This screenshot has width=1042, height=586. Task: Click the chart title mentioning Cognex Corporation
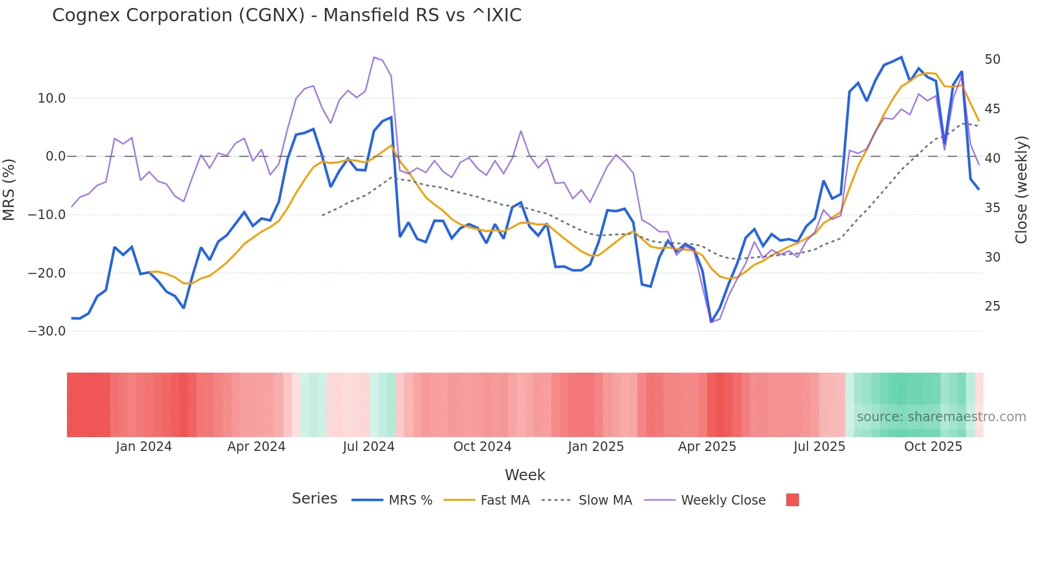(x=287, y=15)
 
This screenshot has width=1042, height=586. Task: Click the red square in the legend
(x=792, y=500)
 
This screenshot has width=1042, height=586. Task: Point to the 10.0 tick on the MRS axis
(x=52, y=98)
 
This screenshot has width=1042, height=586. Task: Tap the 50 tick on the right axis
(x=992, y=60)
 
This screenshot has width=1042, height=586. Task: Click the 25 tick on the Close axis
(x=992, y=306)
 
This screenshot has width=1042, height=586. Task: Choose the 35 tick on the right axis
(x=992, y=208)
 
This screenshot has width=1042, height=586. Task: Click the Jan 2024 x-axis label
(x=144, y=447)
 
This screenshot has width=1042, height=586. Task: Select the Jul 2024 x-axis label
(x=368, y=447)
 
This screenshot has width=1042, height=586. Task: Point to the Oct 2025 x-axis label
(x=933, y=447)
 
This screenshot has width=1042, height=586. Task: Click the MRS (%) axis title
(x=9, y=189)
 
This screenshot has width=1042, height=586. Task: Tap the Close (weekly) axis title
(x=1021, y=190)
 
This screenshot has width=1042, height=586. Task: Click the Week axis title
(x=525, y=475)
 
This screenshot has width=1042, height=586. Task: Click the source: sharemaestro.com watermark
(x=941, y=417)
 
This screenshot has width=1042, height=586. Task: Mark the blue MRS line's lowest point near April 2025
(x=711, y=322)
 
